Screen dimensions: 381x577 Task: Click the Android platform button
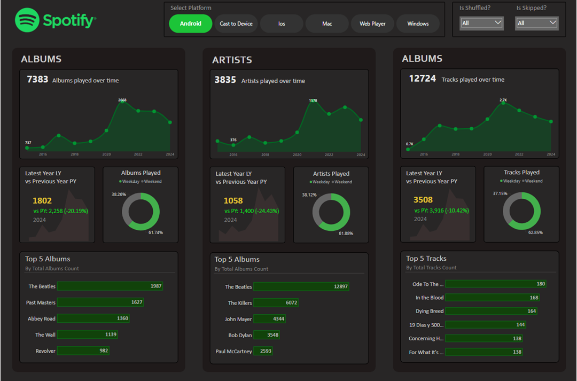pos(191,24)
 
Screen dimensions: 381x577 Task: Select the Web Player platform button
pos(372,24)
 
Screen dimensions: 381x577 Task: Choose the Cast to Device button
pos(236,24)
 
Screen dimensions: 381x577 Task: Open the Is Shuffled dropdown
pos(482,23)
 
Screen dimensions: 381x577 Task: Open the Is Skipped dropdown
pos(537,23)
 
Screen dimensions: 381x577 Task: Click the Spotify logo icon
pos(27,20)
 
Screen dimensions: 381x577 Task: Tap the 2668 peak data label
pos(122,100)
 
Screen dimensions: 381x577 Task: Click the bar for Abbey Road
pos(93,318)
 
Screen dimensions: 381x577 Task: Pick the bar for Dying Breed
pos(491,311)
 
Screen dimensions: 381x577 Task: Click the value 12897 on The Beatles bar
pos(340,287)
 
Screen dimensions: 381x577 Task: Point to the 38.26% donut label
pos(119,195)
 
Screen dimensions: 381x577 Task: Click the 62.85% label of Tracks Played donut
pos(535,233)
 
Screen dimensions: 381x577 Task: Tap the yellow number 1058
pos(233,201)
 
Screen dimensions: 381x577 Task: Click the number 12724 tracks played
pos(423,79)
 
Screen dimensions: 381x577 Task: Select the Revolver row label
pos(45,351)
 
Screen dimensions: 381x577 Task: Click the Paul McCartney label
pos(233,352)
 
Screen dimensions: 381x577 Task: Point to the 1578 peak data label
pos(313,100)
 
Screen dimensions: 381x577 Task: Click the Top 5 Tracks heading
pos(426,258)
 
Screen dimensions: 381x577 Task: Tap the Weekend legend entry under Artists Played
pos(342,182)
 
